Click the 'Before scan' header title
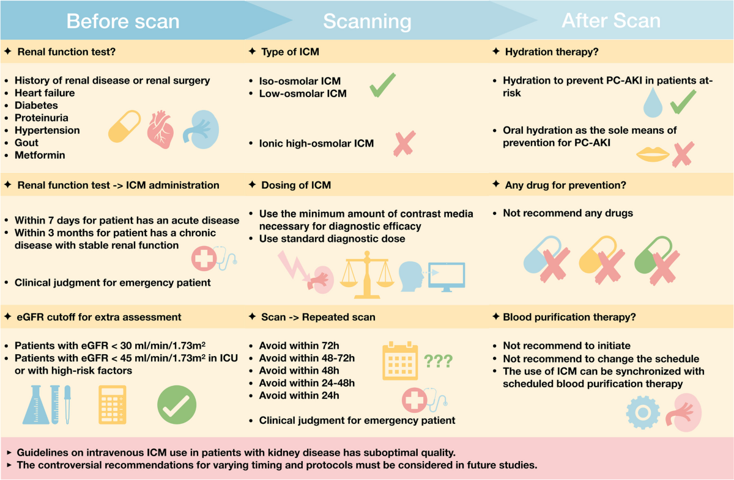point(122,21)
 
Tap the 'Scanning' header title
point(367,21)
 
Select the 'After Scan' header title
point(611,21)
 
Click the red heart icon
point(161,129)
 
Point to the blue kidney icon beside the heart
point(201,128)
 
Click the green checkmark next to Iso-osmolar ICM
point(383,85)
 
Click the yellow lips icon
point(653,155)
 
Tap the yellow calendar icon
point(399,361)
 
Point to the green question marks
point(437,361)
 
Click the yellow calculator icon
point(112,405)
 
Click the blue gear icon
point(643,412)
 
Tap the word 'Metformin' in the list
point(40,155)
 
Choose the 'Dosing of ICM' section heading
point(296,185)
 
